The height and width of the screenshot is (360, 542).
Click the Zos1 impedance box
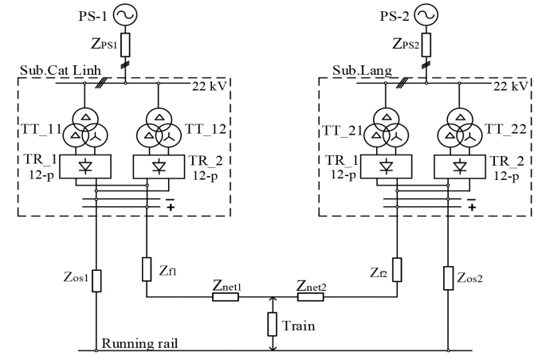[x=96, y=280]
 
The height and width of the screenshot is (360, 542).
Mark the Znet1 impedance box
[x=226, y=297]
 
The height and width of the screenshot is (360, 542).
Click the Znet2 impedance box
[x=309, y=297]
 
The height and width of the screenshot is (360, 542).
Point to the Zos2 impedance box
[x=448, y=280]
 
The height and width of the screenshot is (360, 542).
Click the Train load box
[x=272, y=323]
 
